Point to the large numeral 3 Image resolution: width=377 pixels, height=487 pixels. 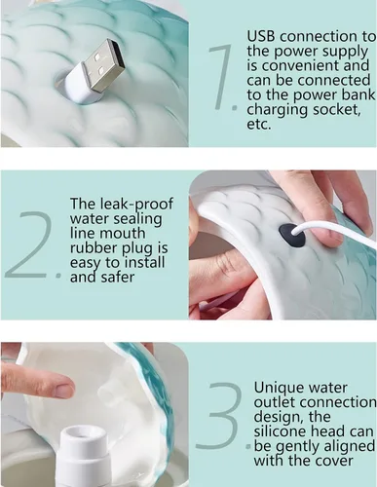tap(218, 416)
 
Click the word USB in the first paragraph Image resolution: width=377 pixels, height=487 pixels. tap(261, 36)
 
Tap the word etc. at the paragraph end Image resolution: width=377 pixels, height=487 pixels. tap(259, 125)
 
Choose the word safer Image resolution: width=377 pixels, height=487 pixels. tap(120, 277)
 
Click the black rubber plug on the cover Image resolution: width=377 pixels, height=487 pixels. tap(292, 234)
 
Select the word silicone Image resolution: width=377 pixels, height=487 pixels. tap(281, 431)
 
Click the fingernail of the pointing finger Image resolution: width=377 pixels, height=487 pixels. tap(64, 390)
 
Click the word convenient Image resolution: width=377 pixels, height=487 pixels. tap(299, 65)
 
